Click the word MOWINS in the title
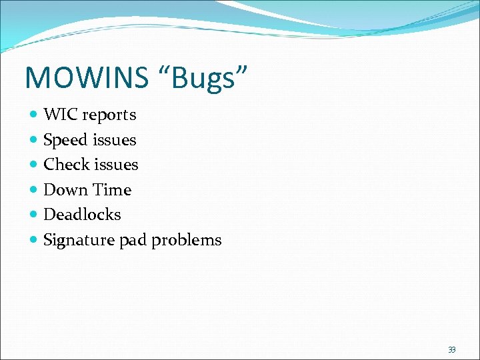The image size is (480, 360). tap(87, 78)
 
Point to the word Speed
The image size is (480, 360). tap(65, 140)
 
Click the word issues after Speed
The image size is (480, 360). tap(114, 140)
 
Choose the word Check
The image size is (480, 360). tap(67, 164)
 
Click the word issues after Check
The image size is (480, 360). tap(116, 164)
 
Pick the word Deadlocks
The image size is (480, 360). tap(82, 215)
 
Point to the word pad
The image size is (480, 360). tap(133, 240)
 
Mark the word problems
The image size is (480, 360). tap(186, 240)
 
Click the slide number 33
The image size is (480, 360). tap(452, 349)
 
